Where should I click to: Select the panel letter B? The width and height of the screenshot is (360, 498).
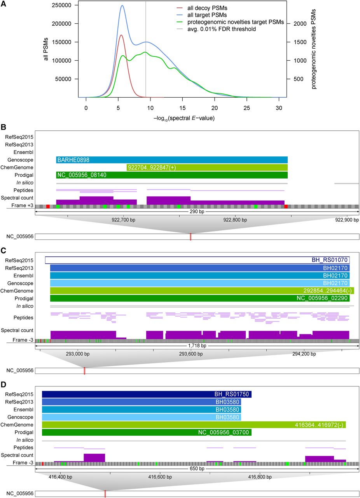point(3,127)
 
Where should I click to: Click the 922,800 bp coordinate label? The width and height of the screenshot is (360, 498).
point(235,220)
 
